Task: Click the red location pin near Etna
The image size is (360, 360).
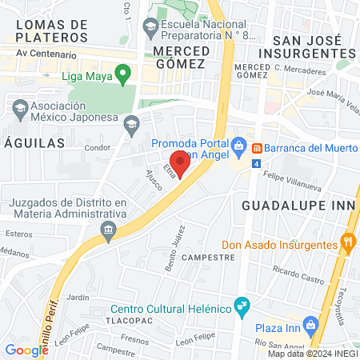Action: coord(181,164)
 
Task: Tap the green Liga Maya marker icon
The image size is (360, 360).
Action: coord(122,76)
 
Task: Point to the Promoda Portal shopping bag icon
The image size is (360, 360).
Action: coord(239,145)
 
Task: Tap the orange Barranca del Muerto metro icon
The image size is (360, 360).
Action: coord(258,148)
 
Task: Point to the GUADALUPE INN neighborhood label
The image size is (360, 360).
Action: coord(297,205)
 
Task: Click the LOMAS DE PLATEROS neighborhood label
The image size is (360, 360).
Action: coord(51,31)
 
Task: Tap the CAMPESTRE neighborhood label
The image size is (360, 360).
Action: coord(207,258)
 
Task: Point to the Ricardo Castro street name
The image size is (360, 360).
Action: coord(298,274)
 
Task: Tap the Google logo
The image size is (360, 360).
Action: coord(26,350)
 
